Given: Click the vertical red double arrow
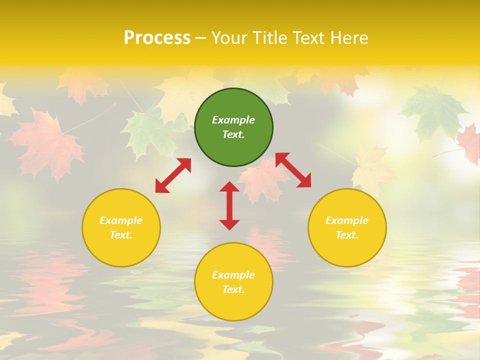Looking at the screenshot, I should tap(229, 205).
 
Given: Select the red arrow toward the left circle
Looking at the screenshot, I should tap(173, 175).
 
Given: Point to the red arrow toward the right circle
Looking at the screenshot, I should tap(293, 170).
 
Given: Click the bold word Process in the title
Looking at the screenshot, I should tap(157, 37).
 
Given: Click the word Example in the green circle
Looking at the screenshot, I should tap(233, 120).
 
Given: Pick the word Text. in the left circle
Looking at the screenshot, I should tap(121, 235).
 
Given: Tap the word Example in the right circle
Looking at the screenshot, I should tap(347, 220).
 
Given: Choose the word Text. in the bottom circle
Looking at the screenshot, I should tap(233, 289).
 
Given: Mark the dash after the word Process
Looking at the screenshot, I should tap(201, 38).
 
